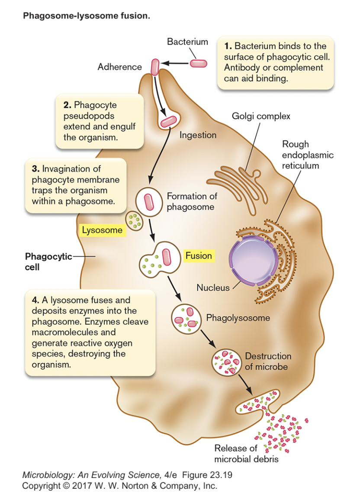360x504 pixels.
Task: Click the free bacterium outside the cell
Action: coord(199,63)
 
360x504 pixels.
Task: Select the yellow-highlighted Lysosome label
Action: coord(103,230)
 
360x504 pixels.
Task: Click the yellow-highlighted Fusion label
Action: coord(199,256)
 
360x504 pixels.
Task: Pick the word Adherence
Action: coord(119,67)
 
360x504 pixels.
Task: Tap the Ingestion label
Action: coord(198,135)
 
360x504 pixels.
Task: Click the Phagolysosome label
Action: coord(238,318)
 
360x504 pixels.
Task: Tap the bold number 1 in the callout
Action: coord(228,46)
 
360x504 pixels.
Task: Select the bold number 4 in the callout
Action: coord(35,300)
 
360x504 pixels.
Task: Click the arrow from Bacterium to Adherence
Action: coord(175,64)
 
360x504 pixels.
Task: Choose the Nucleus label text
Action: coord(213,288)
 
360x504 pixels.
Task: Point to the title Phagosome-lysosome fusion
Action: coord(87,16)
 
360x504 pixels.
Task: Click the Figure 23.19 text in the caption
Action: coord(207,475)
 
